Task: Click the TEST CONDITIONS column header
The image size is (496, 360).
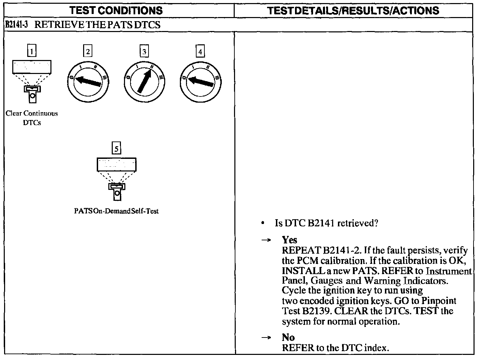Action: (116, 10)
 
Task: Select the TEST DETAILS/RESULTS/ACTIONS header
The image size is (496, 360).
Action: (353, 10)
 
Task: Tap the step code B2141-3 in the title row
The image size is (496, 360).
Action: (17, 25)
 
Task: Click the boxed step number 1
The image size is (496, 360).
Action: (32, 51)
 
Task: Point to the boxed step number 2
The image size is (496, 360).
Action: (88, 51)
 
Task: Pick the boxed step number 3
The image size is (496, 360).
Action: (144, 51)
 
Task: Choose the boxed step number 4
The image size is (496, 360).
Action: (200, 51)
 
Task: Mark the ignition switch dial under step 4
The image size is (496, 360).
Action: (200, 82)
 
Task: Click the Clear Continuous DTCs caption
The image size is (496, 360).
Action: (32, 118)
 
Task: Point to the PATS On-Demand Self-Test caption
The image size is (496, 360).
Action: (116, 211)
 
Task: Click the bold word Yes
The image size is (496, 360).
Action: (289, 240)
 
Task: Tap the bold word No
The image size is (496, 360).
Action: (288, 337)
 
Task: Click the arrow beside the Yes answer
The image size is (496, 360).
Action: (266, 240)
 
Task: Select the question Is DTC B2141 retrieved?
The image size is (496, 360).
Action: (326, 223)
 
